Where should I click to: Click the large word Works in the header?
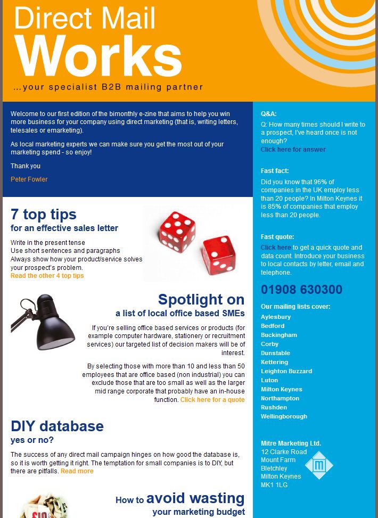coord(98,56)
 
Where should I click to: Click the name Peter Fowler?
coord(29,179)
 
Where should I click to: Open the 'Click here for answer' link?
coord(293,150)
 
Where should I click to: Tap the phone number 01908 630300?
coord(301,290)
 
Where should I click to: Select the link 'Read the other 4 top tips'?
coord(47,276)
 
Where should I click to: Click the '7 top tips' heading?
coord(44,214)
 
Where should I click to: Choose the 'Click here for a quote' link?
coord(212,400)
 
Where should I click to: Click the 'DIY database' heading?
coord(57,426)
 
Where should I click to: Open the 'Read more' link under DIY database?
coord(77,471)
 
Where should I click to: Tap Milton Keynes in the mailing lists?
coord(281,389)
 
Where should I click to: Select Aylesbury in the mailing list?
coord(276,317)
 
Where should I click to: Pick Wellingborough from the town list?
coord(284,416)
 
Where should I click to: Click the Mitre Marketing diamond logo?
coord(319,465)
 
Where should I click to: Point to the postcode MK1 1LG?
coord(274,485)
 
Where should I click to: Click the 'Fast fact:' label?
coord(275,171)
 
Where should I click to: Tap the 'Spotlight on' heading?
coord(201,299)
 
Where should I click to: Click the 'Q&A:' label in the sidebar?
coord(268,114)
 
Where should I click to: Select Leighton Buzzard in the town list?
coord(286,371)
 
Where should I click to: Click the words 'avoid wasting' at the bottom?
coord(195,499)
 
